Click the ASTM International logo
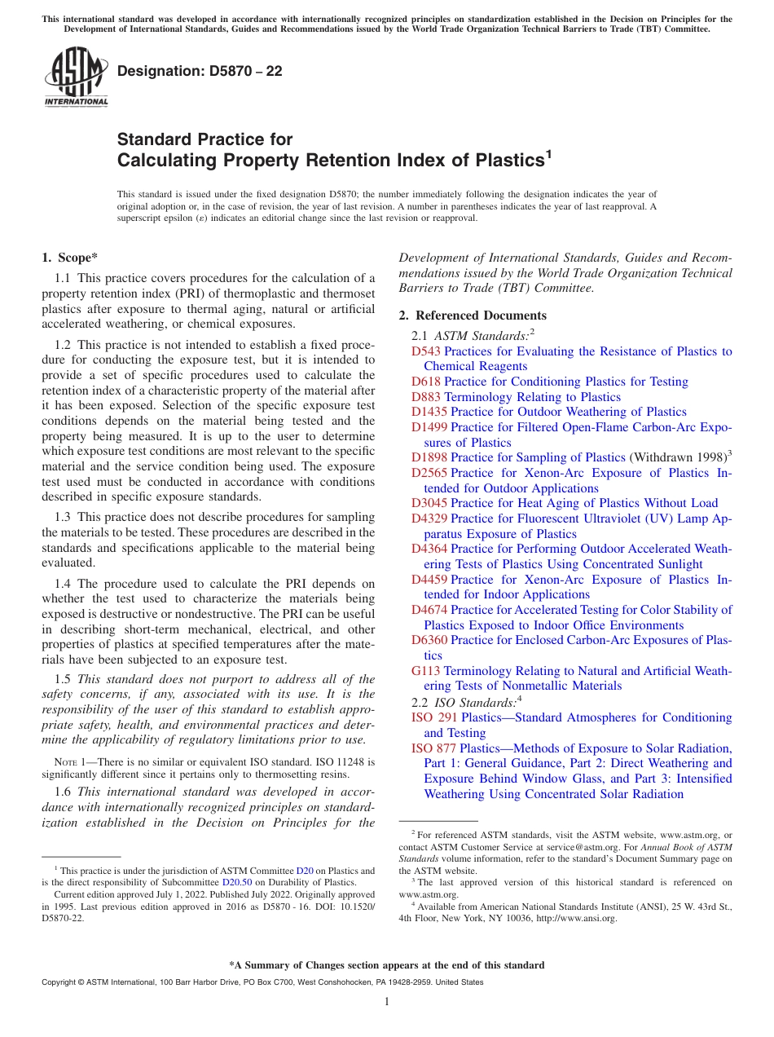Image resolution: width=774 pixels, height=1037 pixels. pyautogui.click(x=75, y=79)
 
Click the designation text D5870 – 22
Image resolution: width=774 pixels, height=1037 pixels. pyautogui.click(x=200, y=71)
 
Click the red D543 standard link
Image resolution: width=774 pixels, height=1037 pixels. pyautogui.click(x=425, y=351)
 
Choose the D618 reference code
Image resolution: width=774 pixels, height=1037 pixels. pyautogui.click(x=425, y=382)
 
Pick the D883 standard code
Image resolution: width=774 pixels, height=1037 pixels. pyautogui.click(x=425, y=397)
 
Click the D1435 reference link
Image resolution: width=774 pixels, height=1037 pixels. pyautogui.click(x=429, y=412)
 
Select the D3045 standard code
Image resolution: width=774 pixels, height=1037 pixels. pyautogui.click(x=429, y=503)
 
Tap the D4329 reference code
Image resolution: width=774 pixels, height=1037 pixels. pyautogui.click(x=429, y=518)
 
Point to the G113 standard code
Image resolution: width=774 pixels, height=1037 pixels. pyautogui.click(x=425, y=671)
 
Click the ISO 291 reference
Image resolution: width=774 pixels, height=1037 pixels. pyautogui.click(x=434, y=717)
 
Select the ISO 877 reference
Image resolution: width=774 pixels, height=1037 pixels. pyautogui.click(x=433, y=748)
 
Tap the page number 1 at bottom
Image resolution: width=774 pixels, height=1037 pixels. pyautogui.click(x=387, y=1002)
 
